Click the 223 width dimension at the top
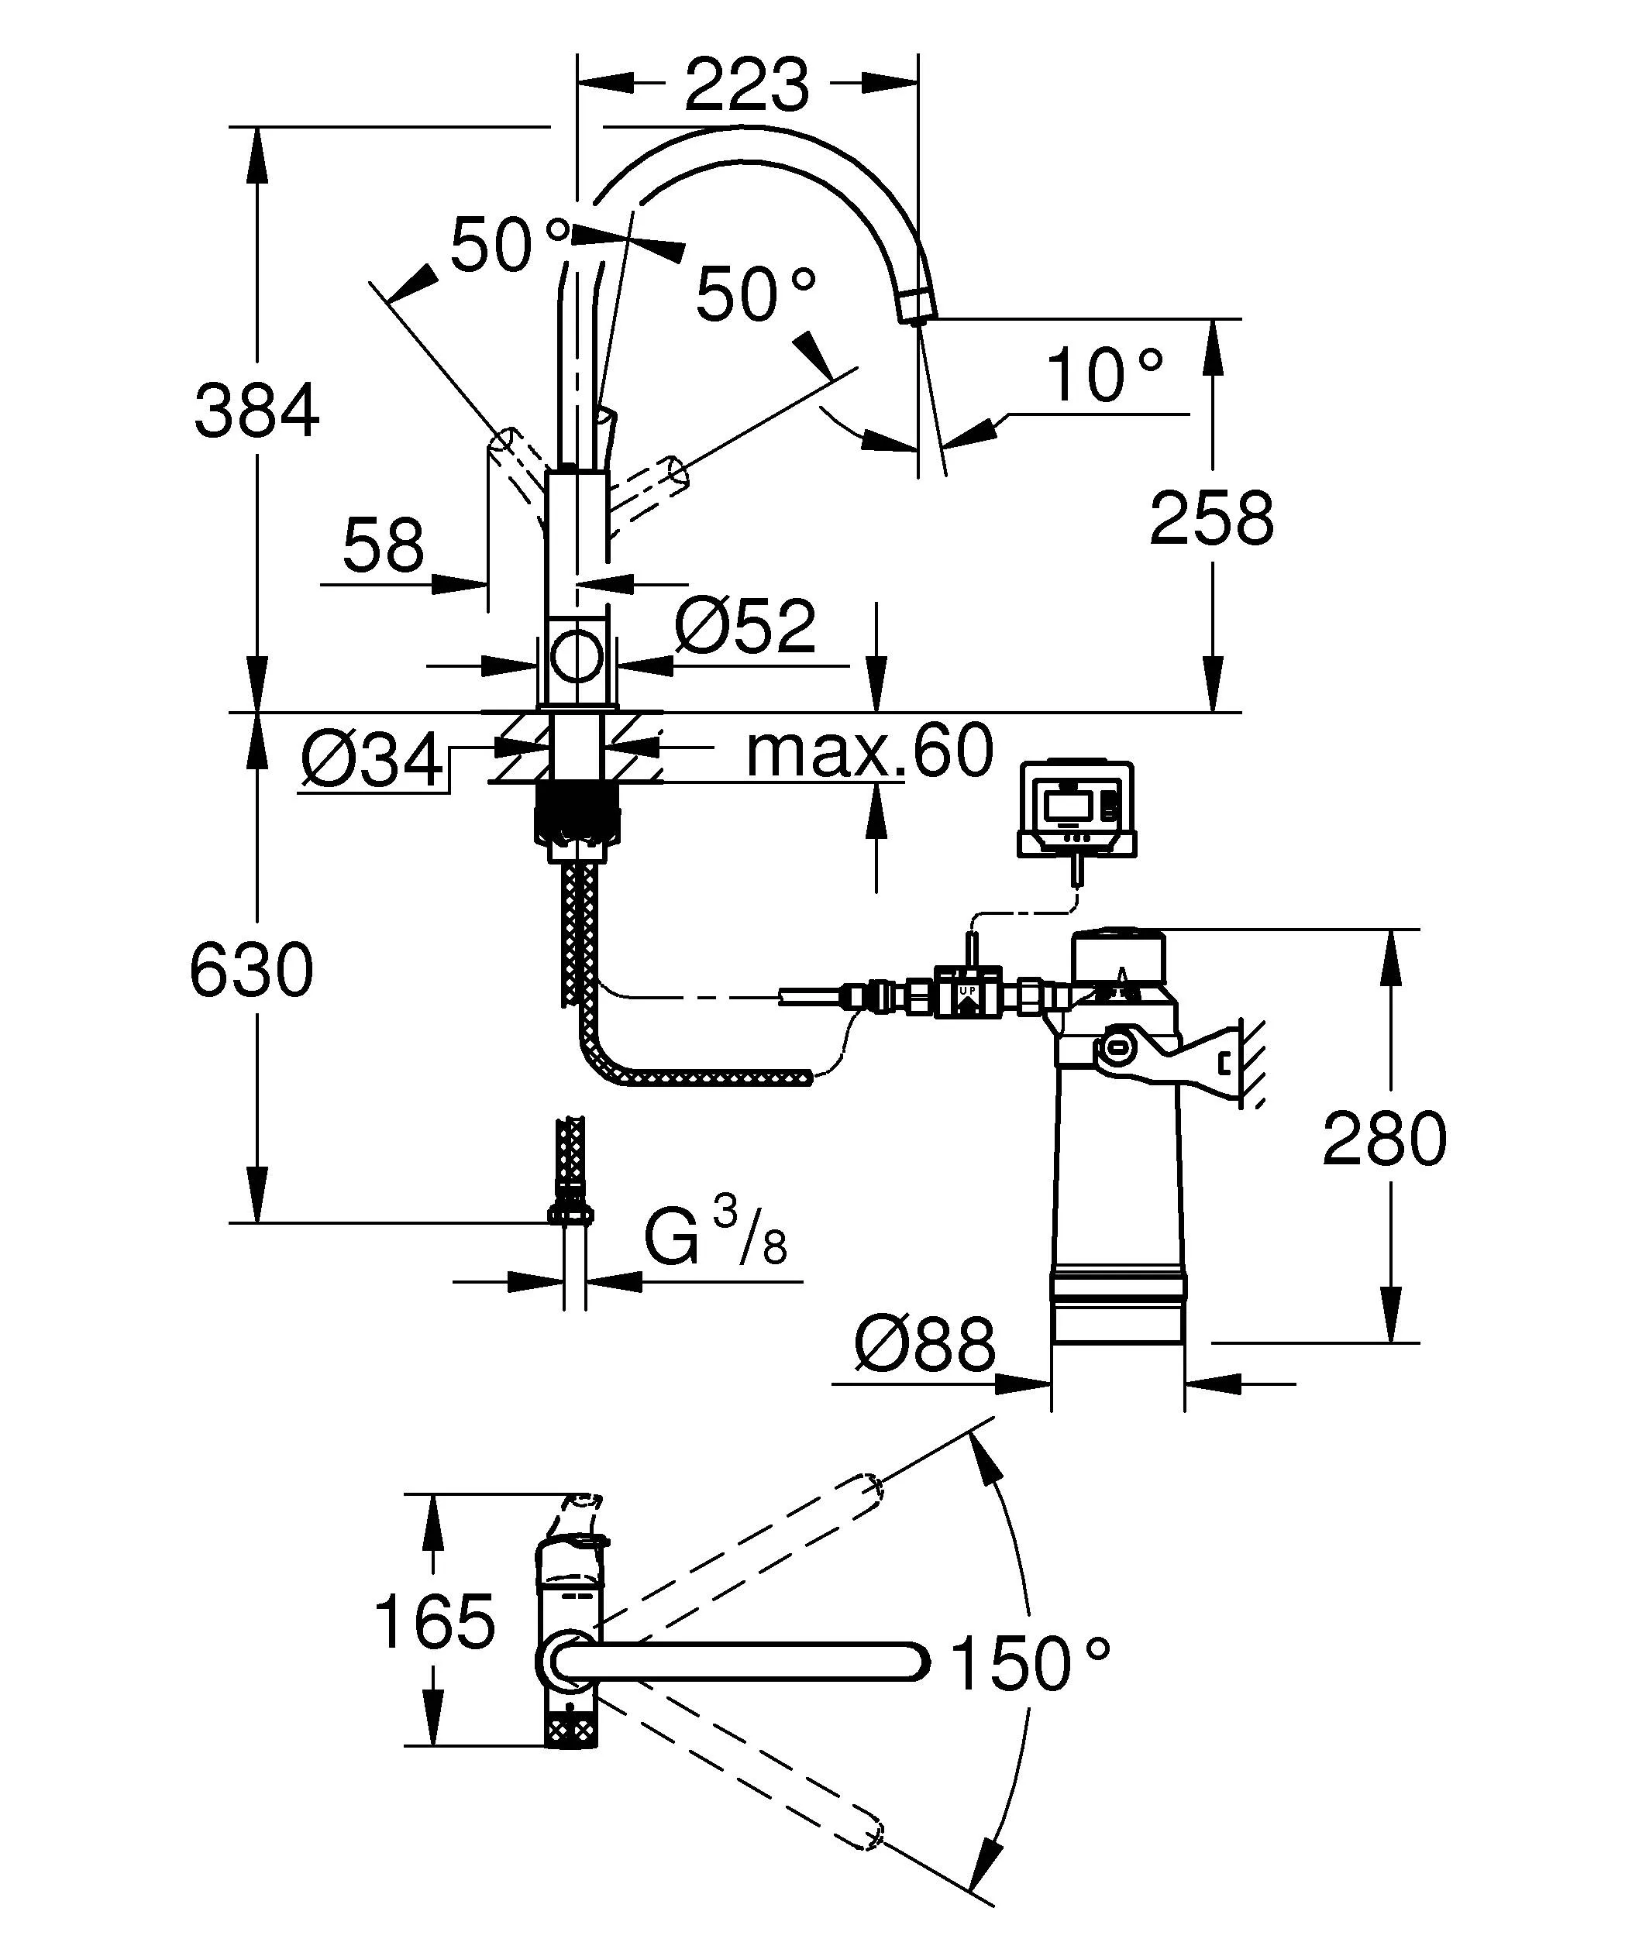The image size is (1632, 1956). pyautogui.click(x=747, y=84)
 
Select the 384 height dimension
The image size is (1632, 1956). pyautogui.click(x=257, y=411)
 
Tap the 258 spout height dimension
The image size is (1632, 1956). pyautogui.click(x=1211, y=518)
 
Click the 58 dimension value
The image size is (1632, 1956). pyautogui.click(x=383, y=547)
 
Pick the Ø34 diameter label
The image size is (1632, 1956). pyautogui.click(x=372, y=760)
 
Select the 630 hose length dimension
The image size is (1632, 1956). pyautogui.click(x=252, y=971)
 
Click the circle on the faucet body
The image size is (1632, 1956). pyautogui.click(x=576, y=655)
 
